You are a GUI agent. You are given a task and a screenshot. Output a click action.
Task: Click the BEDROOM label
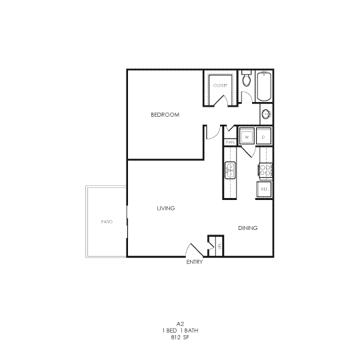165,115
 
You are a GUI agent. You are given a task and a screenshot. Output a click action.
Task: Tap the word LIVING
165,208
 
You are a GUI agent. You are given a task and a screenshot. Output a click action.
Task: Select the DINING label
247,228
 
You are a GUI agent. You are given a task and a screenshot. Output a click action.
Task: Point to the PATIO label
106,221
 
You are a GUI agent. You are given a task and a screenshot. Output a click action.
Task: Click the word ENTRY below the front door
195,262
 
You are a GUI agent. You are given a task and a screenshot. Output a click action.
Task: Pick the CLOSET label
220,85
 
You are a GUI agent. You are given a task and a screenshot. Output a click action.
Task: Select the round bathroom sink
266,114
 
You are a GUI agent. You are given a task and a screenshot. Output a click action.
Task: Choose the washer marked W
247,137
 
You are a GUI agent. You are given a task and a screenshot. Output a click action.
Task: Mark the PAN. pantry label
230,141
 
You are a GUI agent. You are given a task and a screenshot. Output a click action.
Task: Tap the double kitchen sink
231,171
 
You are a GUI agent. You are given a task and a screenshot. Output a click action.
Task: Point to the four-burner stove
264,171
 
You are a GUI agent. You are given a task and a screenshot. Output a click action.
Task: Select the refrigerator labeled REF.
264,189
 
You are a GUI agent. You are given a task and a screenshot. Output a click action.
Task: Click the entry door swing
193,249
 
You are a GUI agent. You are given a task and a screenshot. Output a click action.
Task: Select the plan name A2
181,323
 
